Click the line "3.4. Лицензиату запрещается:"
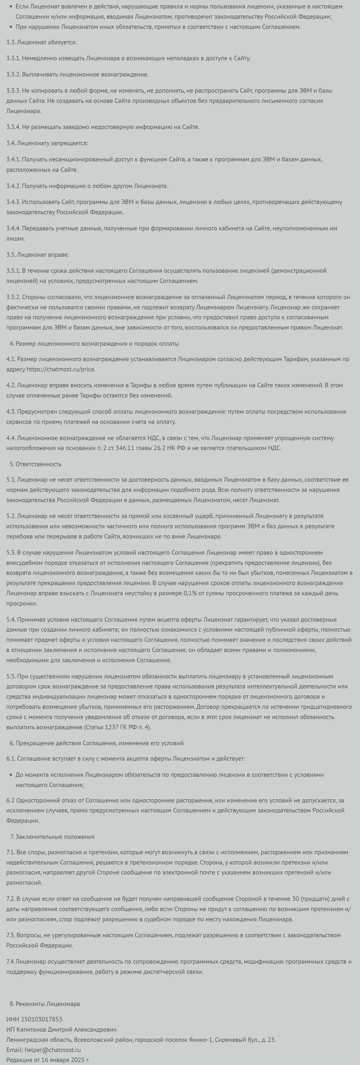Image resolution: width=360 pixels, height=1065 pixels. (x=47, y=143)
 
